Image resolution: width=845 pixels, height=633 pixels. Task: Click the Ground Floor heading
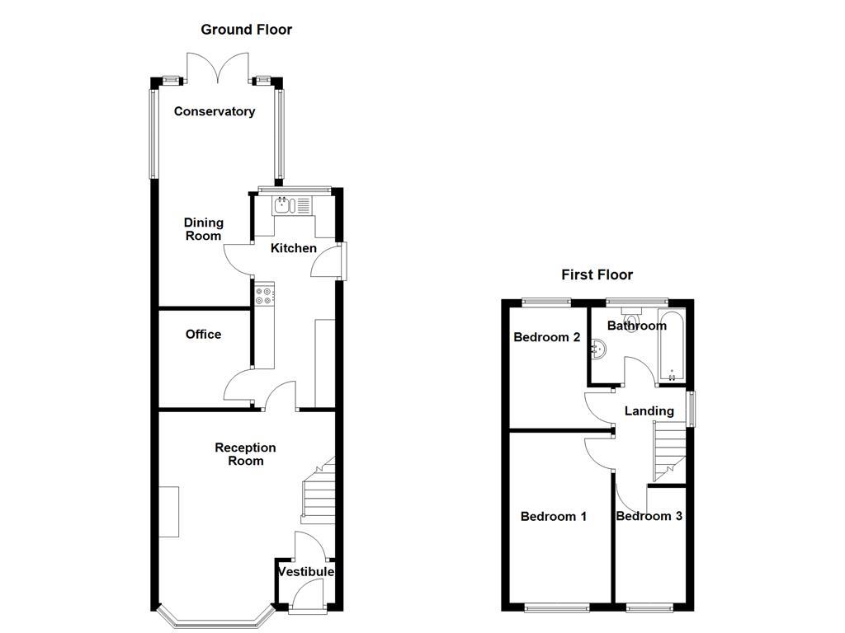pyautogui.click(x=246, y=30)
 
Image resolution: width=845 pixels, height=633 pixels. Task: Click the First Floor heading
pyautogui.click(x=597, y=274)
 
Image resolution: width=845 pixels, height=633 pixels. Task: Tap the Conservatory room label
pyautogui.click(x=214, y=111)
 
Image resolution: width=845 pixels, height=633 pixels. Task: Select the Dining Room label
pyautogui.click(x=203, y=229)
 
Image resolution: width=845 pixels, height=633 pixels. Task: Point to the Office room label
pyautogui.click(x=203, y=334)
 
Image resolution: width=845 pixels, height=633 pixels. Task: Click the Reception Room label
pyautogui.click(x=245, y=454)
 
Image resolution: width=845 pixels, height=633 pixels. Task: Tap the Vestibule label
pyautogui.click(x=305, y=572)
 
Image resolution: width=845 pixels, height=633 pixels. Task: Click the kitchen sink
pyautogui.click(x=285, y=205)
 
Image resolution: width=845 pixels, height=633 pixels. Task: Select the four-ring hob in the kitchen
pyautogui.click(x=265, y=295)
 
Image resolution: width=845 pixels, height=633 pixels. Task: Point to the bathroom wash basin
pyautogui.click(x=597, y=352)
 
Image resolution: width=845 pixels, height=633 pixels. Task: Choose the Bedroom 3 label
pyautogui.click(x=649, y=517)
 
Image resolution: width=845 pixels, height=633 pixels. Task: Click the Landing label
pyautogui.click(x=649, y=410)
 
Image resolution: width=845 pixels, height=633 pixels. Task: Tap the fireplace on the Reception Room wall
pyautogui.click(x=168, y=512)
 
